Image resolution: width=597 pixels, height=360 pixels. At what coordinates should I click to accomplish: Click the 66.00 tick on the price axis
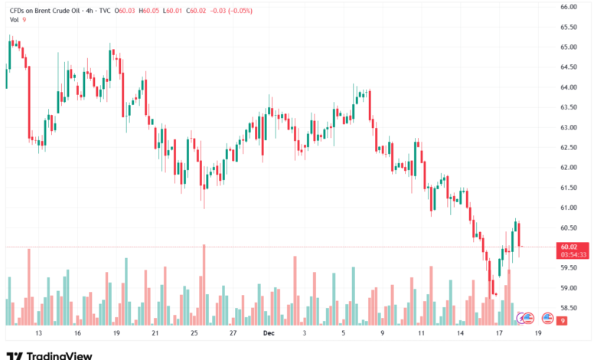click(x=567, y=7)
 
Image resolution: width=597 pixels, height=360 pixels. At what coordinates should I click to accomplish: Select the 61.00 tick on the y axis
click(x=567, y=208)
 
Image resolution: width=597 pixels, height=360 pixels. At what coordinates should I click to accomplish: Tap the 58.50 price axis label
click(x=567, y=308)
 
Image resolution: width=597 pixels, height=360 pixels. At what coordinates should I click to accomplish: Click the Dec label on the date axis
click(x=268, y=334)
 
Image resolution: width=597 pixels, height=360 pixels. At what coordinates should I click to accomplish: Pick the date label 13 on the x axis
click(x=38, y=334)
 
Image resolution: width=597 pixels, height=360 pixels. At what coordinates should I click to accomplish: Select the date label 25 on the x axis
click(x=194, y=334)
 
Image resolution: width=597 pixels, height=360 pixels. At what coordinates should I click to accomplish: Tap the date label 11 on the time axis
click(x=421, y=334)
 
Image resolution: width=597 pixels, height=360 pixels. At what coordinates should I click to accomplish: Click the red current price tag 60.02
click(x=567, y=247)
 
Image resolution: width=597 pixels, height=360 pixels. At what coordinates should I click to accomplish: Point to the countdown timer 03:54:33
click(x=573, y=254)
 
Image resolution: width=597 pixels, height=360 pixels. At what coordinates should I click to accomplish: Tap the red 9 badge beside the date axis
click(x=562, y=321)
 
